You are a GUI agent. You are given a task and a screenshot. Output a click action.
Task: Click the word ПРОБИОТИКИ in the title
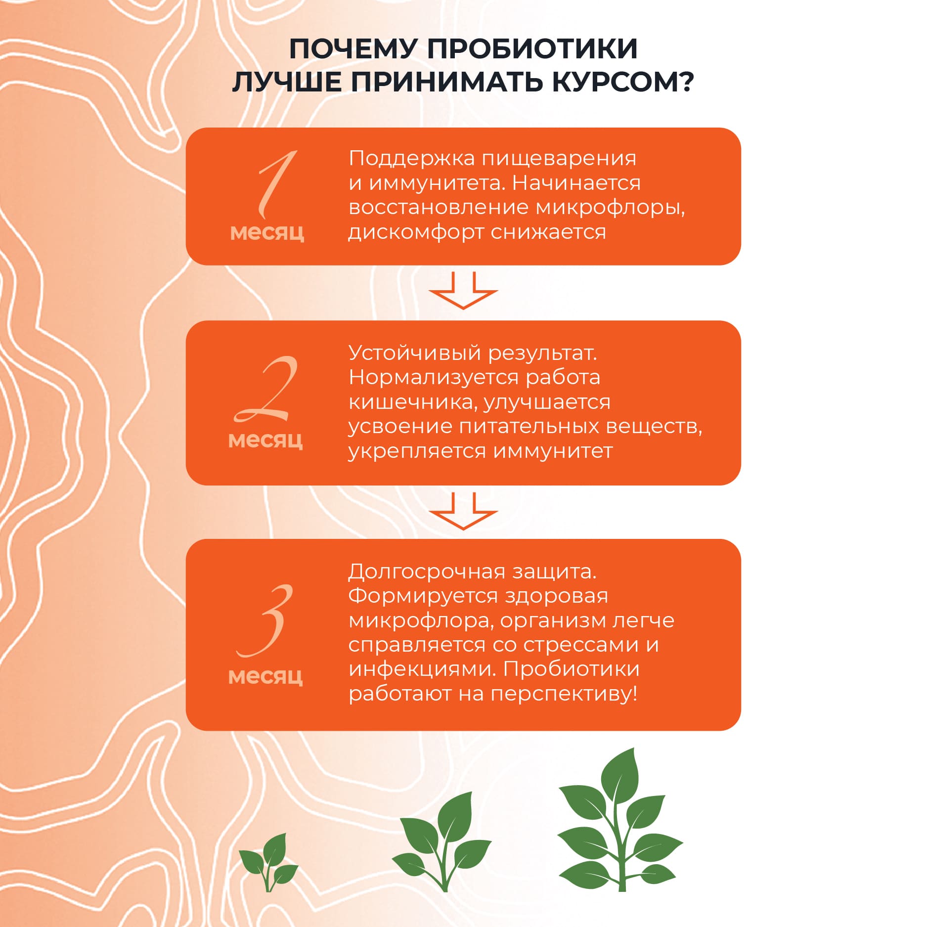pyautogui.click(x=532, y=49)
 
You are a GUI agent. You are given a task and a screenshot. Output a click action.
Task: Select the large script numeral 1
pyautogui.click(x=275, y=184)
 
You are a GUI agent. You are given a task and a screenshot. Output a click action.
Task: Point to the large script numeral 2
pyautogui.click(x=267, y=389)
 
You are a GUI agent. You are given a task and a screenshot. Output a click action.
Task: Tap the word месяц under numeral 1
pyautogui.click(x=267, y=232)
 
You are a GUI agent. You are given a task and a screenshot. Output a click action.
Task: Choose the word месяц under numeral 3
pyautogui.click(x=265, y=676)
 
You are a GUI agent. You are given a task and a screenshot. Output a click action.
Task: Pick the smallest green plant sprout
pyautogui.click(x=268, y=863)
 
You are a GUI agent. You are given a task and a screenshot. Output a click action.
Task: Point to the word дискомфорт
pyautogui.click(x=416, y=232)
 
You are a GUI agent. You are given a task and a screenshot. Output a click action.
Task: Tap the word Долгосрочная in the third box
pyautogui.click(x=427, y=572)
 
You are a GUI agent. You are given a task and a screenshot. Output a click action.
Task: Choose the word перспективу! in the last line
pyautogui.click(x=564, y=694)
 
